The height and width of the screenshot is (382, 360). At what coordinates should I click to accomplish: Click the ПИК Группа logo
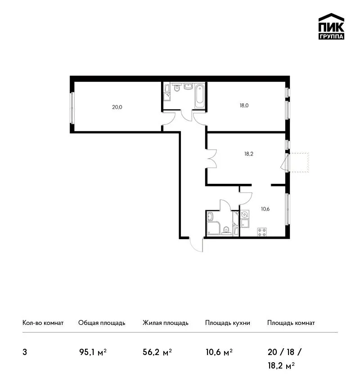click(x=331, y=27)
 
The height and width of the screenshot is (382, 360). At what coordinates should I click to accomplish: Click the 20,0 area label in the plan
click(x=117, y=107)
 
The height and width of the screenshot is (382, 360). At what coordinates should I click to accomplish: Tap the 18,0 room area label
click(x=244, y=106)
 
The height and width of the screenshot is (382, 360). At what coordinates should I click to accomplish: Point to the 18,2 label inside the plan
click(x=249, y=154)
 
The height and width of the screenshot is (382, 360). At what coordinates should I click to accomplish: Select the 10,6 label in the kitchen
click(x=265, y=209)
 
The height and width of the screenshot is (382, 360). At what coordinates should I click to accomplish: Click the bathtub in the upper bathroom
click(x=200, y=96)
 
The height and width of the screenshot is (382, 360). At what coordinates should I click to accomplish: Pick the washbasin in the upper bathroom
click(x=188, y=86)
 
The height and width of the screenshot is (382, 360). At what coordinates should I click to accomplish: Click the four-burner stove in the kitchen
click(x=262, y=232)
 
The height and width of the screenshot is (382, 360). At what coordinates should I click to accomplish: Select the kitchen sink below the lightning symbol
click(x=245, y=223)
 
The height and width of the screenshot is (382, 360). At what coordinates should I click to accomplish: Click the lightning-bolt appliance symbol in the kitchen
click(x=245, y=215)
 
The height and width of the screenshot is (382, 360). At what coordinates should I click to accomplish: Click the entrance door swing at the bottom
click(x=196, y=244)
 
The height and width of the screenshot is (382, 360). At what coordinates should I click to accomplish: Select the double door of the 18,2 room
click(x=211, y=159)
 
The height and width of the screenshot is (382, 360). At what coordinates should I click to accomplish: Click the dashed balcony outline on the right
click(x=299, y=163)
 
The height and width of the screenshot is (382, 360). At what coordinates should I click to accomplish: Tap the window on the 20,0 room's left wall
click(x=72, y=108)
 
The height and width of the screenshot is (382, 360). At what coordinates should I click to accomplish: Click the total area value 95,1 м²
click(x=93, y=352)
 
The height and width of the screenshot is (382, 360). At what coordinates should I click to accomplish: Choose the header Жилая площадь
click(x=165, y=323)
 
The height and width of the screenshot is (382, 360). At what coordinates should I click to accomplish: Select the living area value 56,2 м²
click(x=157, y=352)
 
